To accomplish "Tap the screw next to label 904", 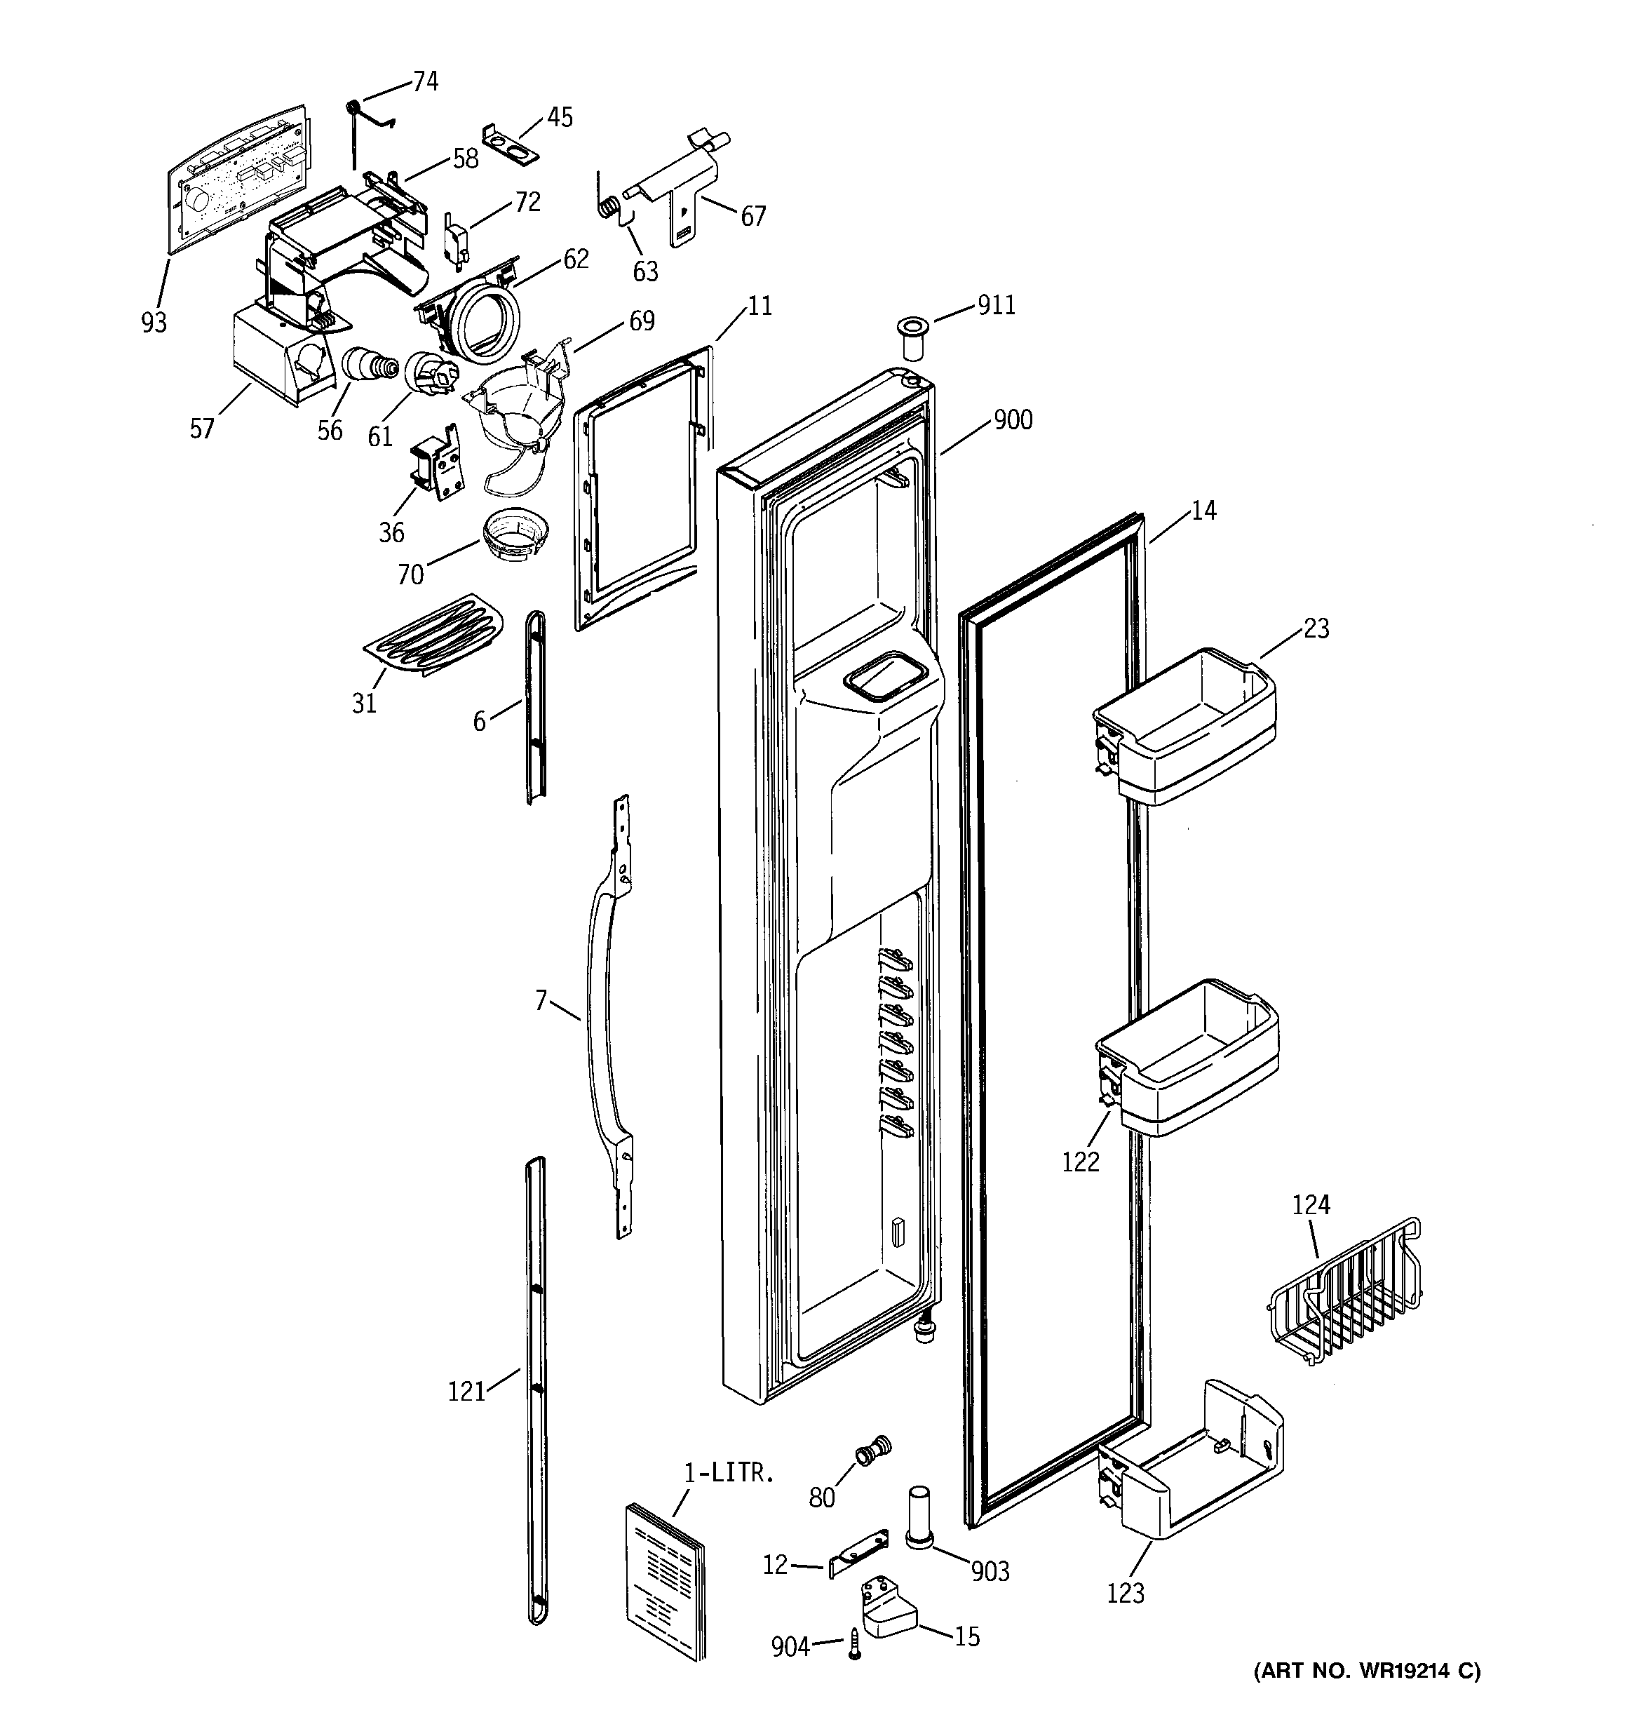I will pos(854,1643).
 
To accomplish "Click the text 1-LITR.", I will pos(729,1473).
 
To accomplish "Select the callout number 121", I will pos(466,1391).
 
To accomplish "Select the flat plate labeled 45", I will pos(511,140).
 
